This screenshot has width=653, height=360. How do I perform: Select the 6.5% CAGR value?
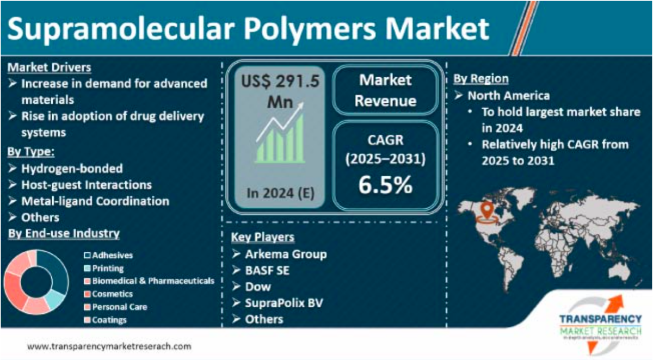coord(385,185)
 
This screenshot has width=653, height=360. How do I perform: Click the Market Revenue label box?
coord(385,90)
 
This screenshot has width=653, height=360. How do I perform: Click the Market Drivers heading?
coord(50,68)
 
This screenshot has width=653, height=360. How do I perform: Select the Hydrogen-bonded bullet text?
coord(72,169)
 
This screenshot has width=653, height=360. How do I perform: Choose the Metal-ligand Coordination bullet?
coord(95,201)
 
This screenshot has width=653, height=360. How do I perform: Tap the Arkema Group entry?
coord(286,254)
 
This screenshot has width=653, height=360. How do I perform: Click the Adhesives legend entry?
coord(112,255)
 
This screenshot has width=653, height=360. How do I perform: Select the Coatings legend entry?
coord(109,320)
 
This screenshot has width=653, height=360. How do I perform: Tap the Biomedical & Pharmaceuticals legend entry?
coord(153,281)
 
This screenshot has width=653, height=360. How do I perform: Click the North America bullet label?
coord(509,96)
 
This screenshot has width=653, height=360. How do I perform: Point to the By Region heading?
coord(481,79)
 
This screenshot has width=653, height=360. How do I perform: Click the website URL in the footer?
coord(109,346)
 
